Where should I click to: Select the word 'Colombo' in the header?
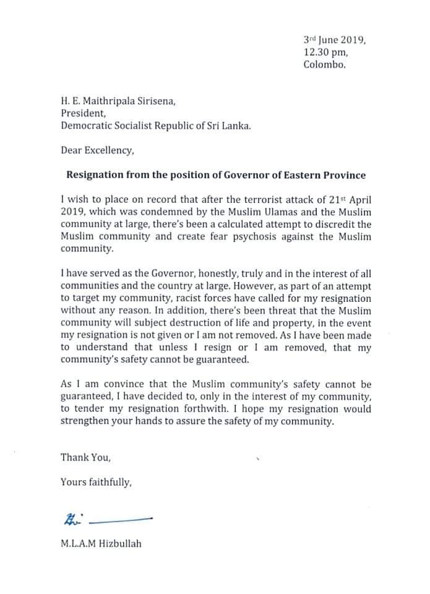point(325,65)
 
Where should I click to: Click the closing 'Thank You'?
point(85,458)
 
